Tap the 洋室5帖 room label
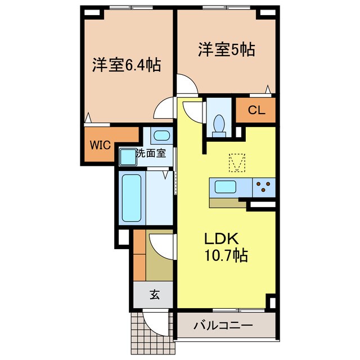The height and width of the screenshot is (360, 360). click(x=226, y=49)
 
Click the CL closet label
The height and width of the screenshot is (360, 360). click(x=256, y=111)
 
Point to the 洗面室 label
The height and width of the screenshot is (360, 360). click(x=152, y=153)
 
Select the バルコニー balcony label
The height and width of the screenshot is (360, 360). click(x=223, y=326)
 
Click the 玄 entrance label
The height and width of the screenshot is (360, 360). click(x=153, y=293)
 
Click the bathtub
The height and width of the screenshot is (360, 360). click(x=132, y=197)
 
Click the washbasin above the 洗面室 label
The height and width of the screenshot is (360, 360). click(x=161, y=136)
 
